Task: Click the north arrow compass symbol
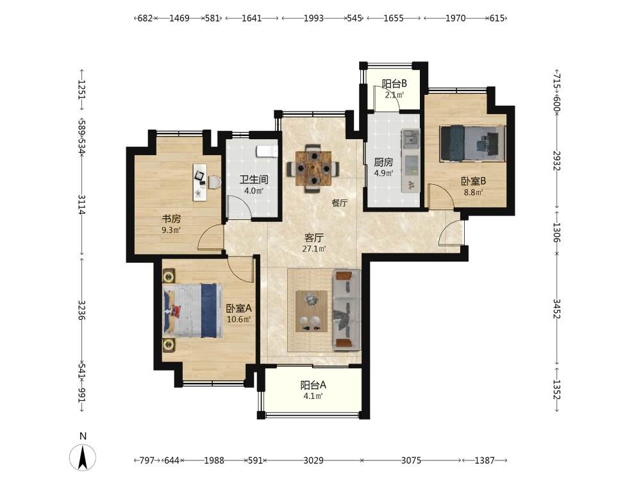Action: tap(83, 457)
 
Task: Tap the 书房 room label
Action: tap(171, 219)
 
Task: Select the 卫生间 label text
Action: tap(254, 180)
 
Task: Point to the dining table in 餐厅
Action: tap(313, 168)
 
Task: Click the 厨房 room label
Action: tap(383, 162)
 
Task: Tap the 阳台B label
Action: tap(394, 84)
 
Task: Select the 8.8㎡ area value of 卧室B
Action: tap(474, 192)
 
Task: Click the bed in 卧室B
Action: tap(472, 144)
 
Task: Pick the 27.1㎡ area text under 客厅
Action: tap(314, 249)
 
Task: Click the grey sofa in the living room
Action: tap(347, 310)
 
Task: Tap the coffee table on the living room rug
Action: tap(312, 311)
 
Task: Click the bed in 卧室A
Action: tap(193, 311)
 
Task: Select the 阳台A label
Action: tap(313, 385)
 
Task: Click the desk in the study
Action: tap(200, 182)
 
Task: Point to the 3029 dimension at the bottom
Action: tap(313, 460)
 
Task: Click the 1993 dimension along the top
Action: tap(313, 18)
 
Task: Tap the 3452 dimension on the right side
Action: tap(557, 308)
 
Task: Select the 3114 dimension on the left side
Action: tap(82, 205)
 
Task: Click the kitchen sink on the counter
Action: tap(410, 139)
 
